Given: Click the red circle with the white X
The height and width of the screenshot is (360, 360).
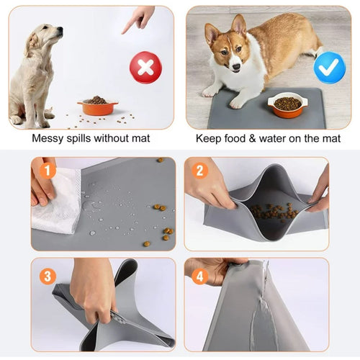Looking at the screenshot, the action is [146, 68].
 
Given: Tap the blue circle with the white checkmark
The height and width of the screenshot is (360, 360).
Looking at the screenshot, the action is [330, 68].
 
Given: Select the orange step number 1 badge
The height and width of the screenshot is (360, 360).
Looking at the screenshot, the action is [48, 170].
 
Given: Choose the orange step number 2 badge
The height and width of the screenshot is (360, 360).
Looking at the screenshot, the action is [200, 170].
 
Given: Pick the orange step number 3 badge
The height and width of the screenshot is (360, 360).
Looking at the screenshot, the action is [48, 276].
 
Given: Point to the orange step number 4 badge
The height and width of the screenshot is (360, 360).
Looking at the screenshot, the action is [200, 276].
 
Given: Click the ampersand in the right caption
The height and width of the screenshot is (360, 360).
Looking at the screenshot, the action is [252, 139].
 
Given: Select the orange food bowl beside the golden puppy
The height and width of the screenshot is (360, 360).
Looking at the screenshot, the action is [97, 107].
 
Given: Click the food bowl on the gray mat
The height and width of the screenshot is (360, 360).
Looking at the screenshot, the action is [288, 104].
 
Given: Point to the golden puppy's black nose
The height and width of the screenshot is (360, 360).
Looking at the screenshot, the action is [60, 30].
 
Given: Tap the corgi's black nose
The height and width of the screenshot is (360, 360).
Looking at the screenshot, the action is [236, 66].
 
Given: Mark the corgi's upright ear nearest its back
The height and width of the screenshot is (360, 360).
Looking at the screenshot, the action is [239, 24].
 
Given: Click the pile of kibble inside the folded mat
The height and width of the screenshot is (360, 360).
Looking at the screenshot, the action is [274, 210].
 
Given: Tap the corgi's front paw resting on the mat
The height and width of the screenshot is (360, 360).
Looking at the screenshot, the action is [237, 103].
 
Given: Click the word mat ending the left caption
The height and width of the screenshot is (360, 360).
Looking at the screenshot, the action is [141, 139].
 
